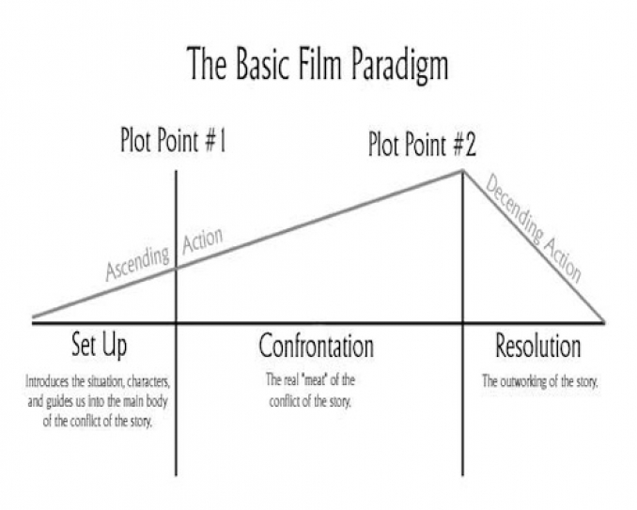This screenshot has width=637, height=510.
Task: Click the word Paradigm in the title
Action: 399,65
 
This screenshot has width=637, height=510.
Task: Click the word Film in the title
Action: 318,63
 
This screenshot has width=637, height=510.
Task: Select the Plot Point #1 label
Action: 173,140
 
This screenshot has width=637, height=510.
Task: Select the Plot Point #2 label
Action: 422,145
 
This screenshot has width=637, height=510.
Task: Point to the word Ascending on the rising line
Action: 137,263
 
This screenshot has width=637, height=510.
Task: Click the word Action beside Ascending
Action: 202,240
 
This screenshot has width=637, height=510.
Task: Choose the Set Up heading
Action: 100,346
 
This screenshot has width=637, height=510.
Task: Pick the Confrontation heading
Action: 316,346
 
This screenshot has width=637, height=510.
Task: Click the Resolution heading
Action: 537,346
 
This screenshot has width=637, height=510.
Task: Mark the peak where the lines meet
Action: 462,171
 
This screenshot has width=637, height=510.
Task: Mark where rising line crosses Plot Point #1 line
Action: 176,268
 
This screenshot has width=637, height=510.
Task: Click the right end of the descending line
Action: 604,322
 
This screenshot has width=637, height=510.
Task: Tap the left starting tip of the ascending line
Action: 33,317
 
